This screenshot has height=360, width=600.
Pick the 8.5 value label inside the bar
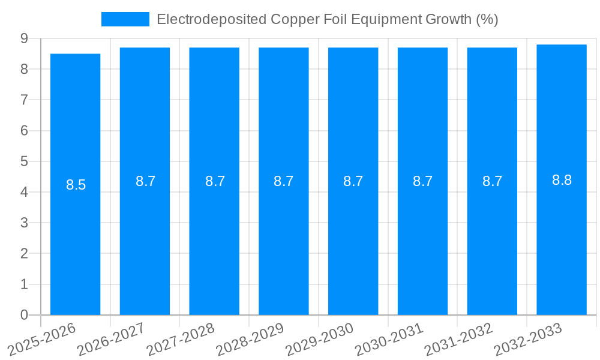click(76, 185)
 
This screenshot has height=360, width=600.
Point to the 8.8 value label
click(562, 180)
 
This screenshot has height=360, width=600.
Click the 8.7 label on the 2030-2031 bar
click(422, 181)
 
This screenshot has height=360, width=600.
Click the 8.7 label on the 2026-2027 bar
click(145, 181)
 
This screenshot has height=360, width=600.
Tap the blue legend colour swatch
click(125, 19)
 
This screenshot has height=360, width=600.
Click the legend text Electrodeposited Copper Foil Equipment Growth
click(327, 19)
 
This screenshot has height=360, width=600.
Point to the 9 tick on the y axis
click(24, 38)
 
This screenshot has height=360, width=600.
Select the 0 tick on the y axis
click(24, 315)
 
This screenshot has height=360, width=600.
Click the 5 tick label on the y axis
click(24, 161)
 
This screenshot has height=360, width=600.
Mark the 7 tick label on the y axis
click(24, 100)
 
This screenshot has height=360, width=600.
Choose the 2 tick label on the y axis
click(24, 254)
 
